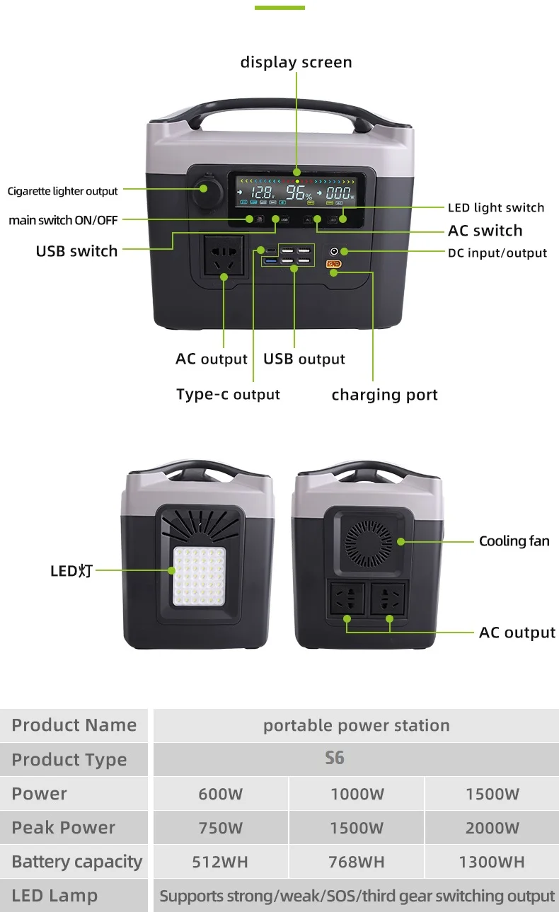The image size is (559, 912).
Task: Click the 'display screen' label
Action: (x=296, y=62)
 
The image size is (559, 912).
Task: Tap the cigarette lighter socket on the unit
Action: (x=205, y=189)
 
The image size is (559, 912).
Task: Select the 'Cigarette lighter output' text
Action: (x=63, y=191)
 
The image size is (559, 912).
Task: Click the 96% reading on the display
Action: (x=298, y=192)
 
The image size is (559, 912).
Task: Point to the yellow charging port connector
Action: (x=333, y=265)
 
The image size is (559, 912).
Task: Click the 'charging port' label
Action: (x=384, y=395)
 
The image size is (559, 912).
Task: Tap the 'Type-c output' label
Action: (x=228, y=395)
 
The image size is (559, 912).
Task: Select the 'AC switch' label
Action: (x=485, y=231)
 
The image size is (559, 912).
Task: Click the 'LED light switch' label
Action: (x=496, y=207)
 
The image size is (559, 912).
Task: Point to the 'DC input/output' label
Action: (x=497, y=253)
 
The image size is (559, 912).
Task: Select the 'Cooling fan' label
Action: (x=514, y=541)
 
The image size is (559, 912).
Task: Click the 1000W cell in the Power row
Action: (x=357, y=794)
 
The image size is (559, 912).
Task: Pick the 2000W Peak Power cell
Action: (x=492, y=828)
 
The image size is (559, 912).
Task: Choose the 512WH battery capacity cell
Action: (x=220, y=862)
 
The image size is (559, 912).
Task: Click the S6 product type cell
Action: (x=335, y=758)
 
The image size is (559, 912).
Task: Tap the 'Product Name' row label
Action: (x=74, y=725)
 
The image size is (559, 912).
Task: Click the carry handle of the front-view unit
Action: (x=280, y=112)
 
